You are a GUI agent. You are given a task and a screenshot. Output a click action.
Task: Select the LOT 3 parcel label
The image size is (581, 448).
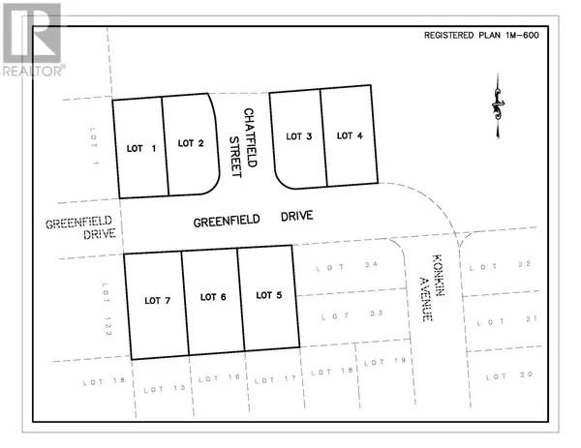pyautogui.click(x=298, y=135)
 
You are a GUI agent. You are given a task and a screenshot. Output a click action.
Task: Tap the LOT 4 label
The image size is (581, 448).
pyautogui.click(x=350, y=135)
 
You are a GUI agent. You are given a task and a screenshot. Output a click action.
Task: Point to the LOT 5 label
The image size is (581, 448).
pyautogui.click(x=268, y=295)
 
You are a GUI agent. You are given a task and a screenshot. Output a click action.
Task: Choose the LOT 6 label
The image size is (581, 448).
pyautogui.click(x=211, y=298)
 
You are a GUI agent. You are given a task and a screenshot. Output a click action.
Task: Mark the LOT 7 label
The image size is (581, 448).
pyautogui.click(x=156, y=301)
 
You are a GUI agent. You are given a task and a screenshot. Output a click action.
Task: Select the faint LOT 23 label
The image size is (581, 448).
pyautogui.click(x=333, y=314)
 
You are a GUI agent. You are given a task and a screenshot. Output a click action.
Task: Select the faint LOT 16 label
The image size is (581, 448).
pyautogui.click(x=213, y=380)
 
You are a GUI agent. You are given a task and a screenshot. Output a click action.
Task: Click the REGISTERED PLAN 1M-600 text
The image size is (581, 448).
pyautogui.click(x=480, y=35)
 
